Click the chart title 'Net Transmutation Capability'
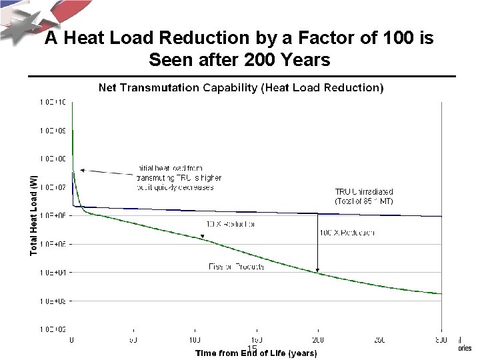point(241,87)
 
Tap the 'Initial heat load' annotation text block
point(177,178)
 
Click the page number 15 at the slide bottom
point(252,349)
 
